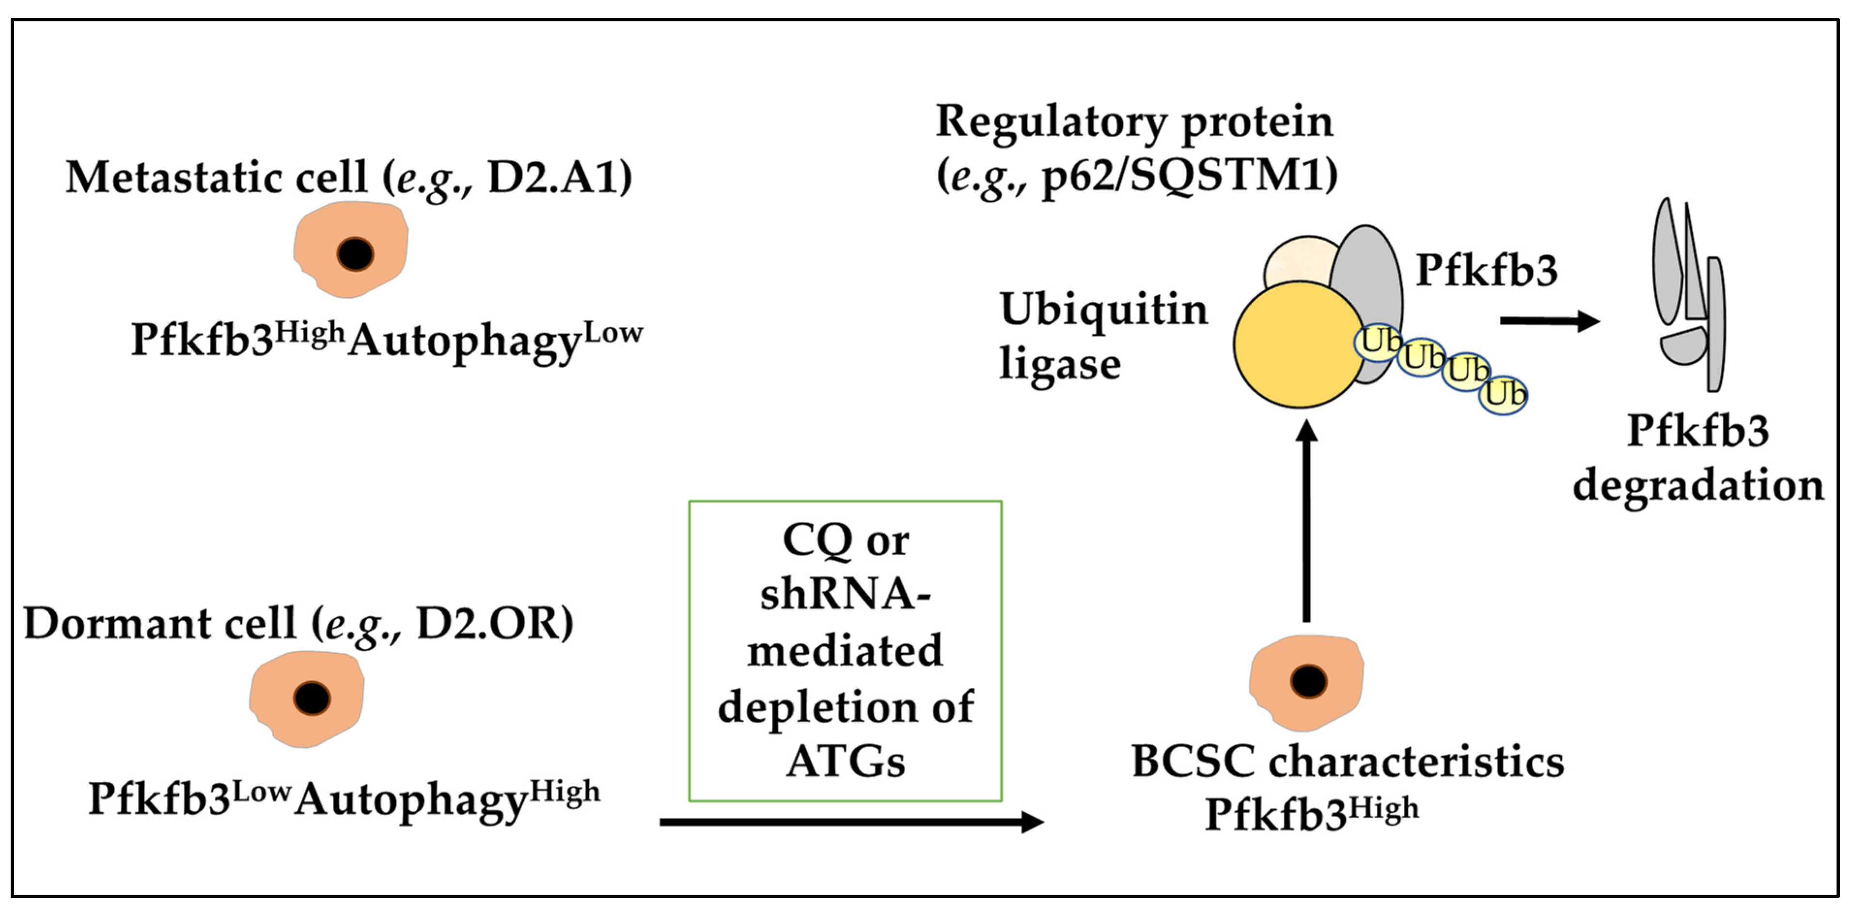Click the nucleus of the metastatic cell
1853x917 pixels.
click(x=355, y=253)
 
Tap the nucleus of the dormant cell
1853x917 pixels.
click(x=312, y=698)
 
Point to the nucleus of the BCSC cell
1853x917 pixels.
click(x=1308, y=681)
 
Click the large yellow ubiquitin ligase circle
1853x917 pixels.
click(x=1299, y=344)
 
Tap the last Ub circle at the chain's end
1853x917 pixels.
click(x=1504, y=395)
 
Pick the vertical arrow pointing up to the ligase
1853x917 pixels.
click(x=1306, y=521)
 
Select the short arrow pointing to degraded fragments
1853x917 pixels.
click(x=1550, y=321)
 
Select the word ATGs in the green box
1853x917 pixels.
click(x=846, y=761)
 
